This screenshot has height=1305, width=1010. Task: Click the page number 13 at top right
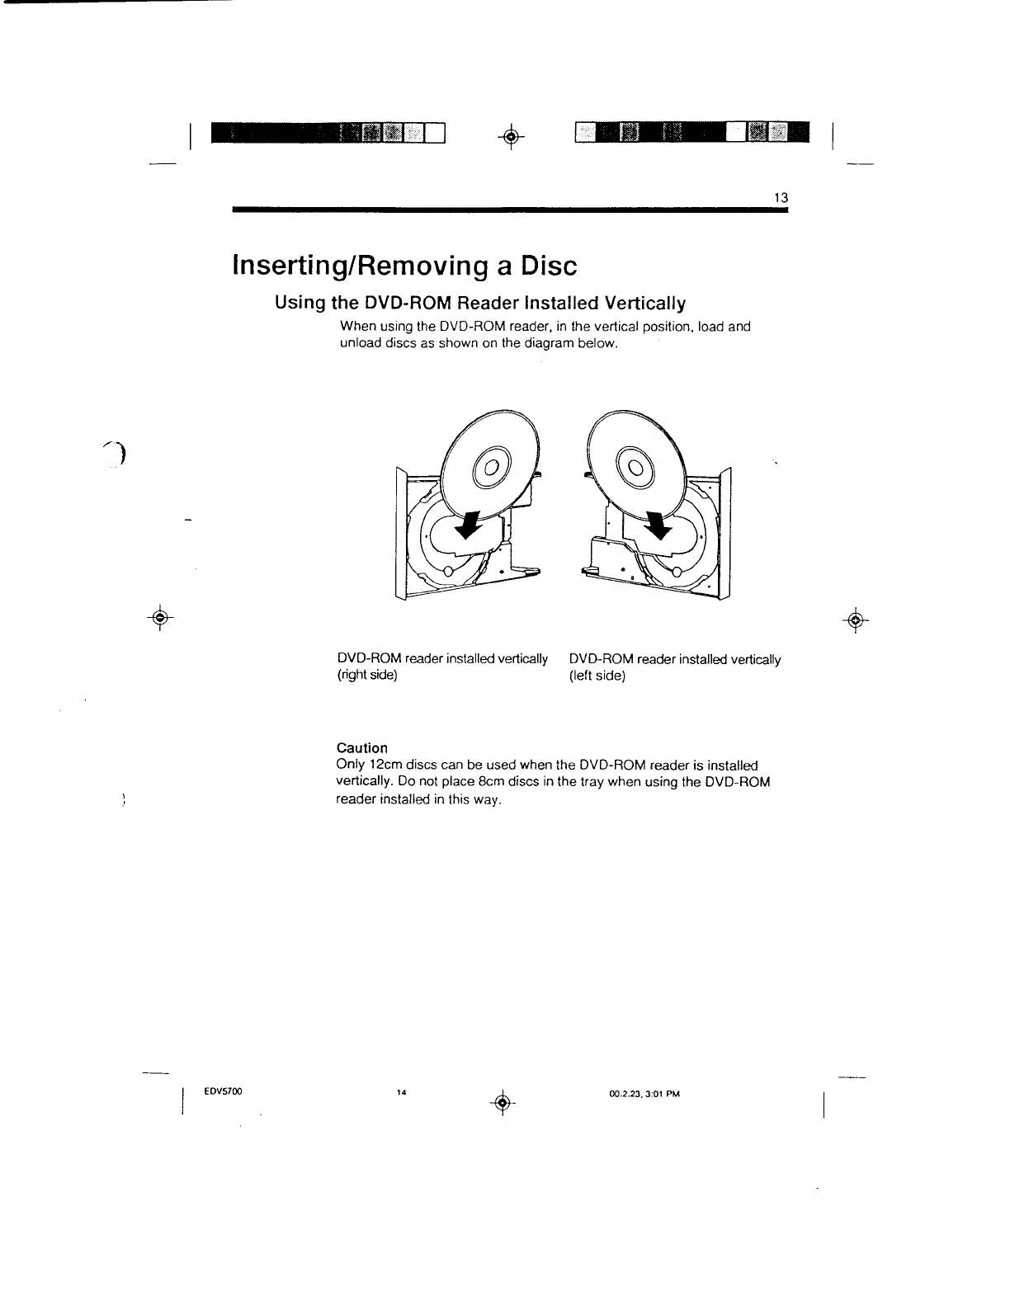tap(781, 198)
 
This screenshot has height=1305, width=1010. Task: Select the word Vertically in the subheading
tap(645, 304)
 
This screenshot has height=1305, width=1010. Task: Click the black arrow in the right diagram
tap(658, 522)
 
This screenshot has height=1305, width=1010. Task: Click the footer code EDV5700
tap(222, 1092)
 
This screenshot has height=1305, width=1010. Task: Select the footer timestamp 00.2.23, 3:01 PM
tap(644, 1094)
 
